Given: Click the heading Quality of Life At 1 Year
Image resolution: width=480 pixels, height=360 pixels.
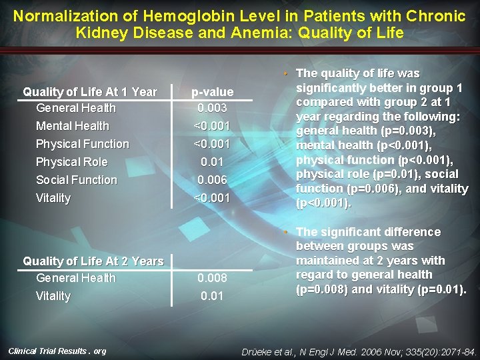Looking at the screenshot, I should [x=90, y=92].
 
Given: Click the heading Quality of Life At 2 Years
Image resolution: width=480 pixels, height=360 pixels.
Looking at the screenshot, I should [x=93, y=261].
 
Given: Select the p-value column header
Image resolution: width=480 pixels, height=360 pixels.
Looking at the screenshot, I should [x=212, y=92].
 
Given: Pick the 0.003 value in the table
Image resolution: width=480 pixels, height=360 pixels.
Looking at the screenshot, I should [x=212, y=108].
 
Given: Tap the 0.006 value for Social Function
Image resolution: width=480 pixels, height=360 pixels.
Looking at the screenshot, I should [x=212, y=180].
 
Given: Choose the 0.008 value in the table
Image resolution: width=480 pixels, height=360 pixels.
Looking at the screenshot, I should [x=212, y=278].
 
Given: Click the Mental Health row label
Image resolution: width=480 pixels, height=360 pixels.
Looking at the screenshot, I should [x=72, y=126].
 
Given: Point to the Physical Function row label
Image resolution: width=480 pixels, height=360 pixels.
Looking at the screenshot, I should [x=82, y=144].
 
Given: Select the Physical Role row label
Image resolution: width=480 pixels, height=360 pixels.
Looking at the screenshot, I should [x=71, y=162].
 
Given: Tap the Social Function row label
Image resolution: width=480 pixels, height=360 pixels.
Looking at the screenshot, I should [x=76, y=180].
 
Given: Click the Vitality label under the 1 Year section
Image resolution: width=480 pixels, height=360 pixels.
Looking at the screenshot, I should [x=53, y=198].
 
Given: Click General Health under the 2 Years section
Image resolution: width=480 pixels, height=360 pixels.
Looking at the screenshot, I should [x=75, y=278].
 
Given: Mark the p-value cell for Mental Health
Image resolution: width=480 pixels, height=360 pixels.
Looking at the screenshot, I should [x=212, y=126].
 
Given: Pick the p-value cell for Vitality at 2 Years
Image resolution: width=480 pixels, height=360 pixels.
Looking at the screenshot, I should [x=212, y=296].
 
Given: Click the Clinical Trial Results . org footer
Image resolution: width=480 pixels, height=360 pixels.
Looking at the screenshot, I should [x=57, y=351].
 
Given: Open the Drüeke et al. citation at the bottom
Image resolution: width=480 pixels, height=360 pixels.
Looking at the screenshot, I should [x=361, y=351].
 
